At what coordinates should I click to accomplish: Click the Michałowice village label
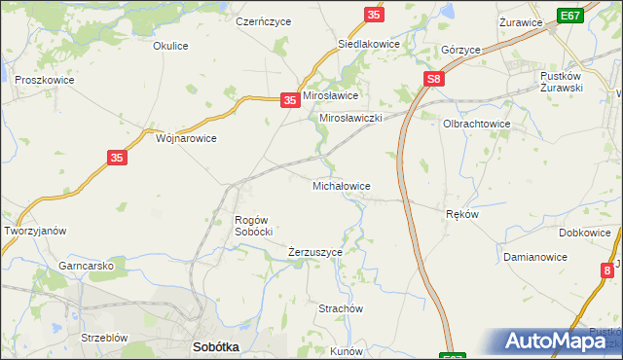340,185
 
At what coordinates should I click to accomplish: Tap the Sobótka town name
216,346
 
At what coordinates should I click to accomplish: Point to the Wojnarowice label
186,138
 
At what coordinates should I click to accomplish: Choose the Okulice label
170,46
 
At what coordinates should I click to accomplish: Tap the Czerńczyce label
259,20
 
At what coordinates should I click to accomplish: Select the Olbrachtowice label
477,125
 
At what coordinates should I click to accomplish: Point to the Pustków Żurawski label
574,82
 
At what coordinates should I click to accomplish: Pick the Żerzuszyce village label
315,252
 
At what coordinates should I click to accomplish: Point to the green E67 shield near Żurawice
571,16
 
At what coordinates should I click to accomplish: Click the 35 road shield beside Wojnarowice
116,158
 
